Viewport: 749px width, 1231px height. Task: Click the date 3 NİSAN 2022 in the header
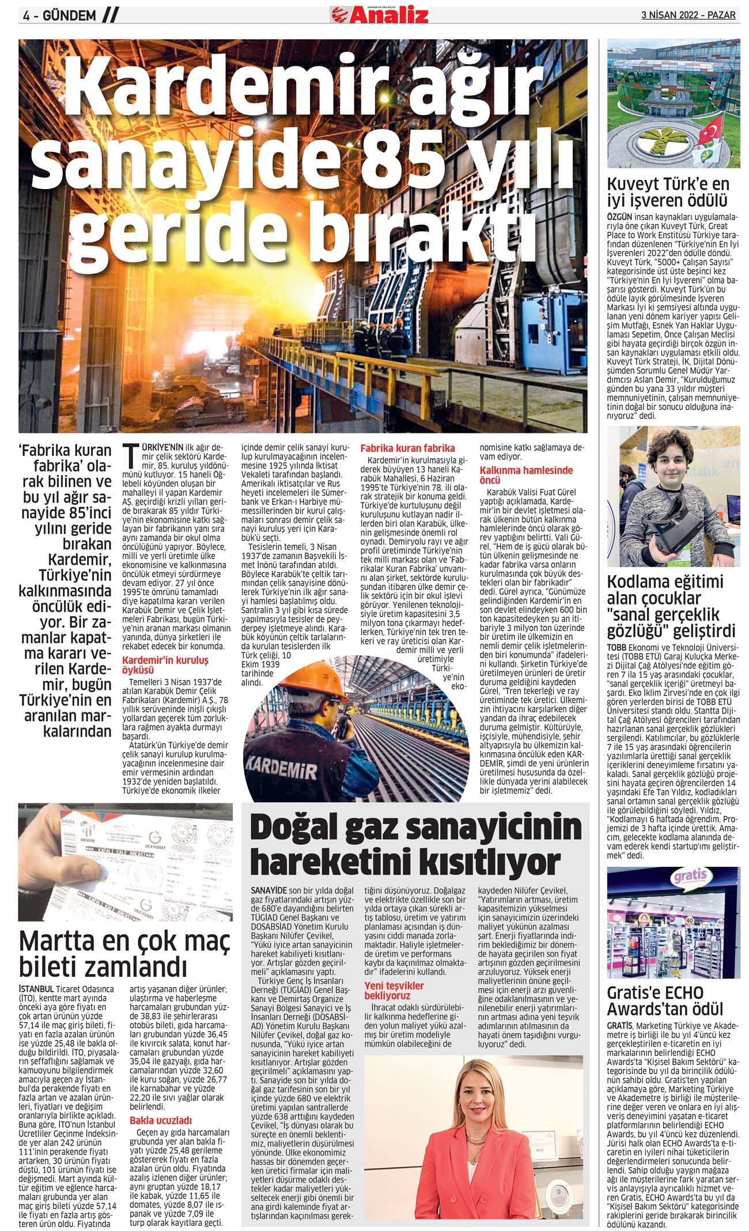point(671,15)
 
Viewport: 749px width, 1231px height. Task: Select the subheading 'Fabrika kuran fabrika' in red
point(407,448)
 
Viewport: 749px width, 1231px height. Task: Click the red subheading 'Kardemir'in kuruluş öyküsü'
point(165,665)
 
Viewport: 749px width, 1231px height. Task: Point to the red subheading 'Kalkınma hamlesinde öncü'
point(526,475)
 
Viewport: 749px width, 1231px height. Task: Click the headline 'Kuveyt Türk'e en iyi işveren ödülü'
point(668,192)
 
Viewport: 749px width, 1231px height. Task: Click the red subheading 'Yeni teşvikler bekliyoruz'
point(394,991)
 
